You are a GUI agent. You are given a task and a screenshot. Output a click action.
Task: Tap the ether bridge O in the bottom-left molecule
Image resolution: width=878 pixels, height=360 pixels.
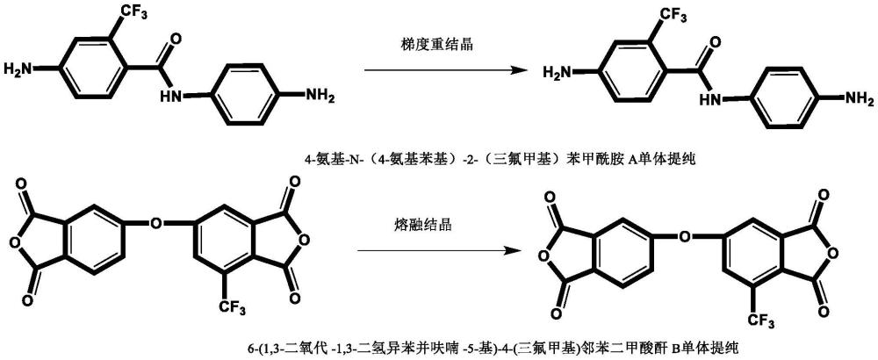[155, 223]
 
